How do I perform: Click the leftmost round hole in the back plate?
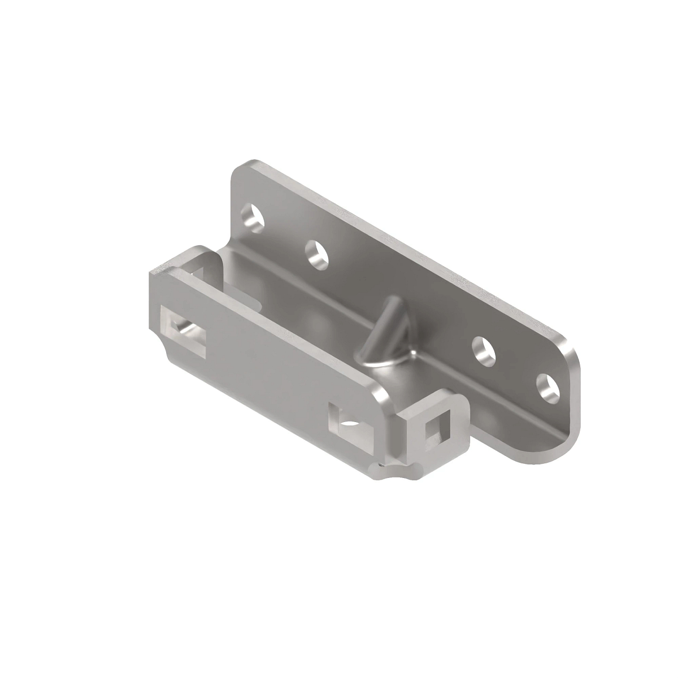pos(253,217)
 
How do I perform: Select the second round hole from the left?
pos(318,254)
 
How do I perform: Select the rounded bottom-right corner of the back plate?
pos(557,455)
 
